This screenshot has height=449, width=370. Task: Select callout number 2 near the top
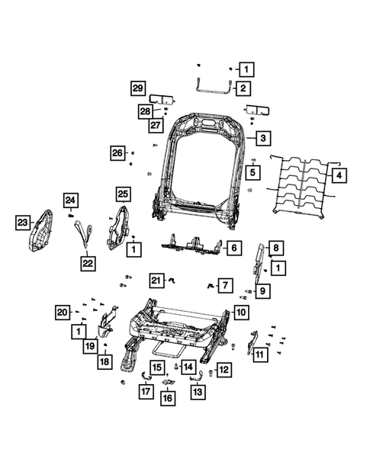pos(242,88)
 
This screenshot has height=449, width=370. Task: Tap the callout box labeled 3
pos(262,138)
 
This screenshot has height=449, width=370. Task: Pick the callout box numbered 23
pos(24,223)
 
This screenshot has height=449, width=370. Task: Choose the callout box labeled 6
pos(234,248)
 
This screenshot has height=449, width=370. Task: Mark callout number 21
pos(156,281)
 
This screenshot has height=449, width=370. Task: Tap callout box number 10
pos(240,312)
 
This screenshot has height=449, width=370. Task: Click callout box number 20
pos(63,311)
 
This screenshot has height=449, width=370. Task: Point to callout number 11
pos(260,354)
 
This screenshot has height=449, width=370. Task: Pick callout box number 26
pos(117,153)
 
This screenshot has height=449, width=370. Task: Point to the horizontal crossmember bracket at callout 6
pos(194,246)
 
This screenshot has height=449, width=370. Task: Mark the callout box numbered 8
pos(276,248)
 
